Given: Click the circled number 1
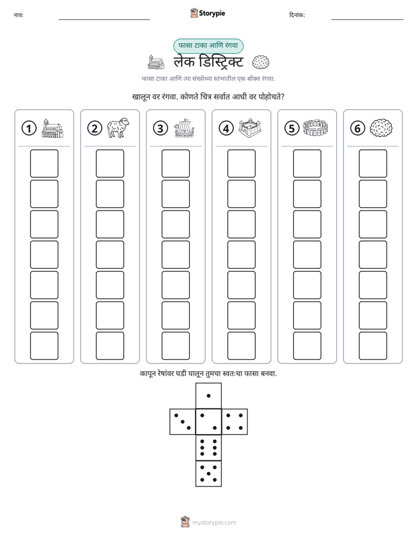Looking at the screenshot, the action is click(x=29, y=128).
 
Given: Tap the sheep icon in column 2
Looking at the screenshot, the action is click(x=118, y=128).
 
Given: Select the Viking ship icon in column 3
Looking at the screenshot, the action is click(x=184, y=128).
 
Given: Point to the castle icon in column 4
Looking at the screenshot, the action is click(x=250, y=128).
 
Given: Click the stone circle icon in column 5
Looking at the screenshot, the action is click(x=315, y=128).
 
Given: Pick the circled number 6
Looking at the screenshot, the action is click(x=357, y=128).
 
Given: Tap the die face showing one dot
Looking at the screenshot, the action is click(x=208, y=395).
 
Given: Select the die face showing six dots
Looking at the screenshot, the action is click(x=208, y=447).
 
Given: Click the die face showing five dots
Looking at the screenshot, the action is click(x=208, y=474).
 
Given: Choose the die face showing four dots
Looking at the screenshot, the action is click(x=235, y=422).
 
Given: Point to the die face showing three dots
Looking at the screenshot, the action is click(x=183, y=422).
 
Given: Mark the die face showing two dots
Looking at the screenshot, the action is click(x=208, y=422).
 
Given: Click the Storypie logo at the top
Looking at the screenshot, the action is click(x=207, y=13).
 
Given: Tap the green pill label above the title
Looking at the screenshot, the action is click(x=208, y=45).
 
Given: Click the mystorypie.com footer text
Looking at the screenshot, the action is click(x=214, y=523).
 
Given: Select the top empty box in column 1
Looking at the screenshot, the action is click(x=44, y=163).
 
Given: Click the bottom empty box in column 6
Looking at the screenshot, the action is click(x=373, y=346).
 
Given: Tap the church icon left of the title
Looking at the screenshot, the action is click(x=155, y=62).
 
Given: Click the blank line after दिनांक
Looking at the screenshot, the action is click(x=367, y=19).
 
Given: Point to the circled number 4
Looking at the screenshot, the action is click(x=226, y=128).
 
